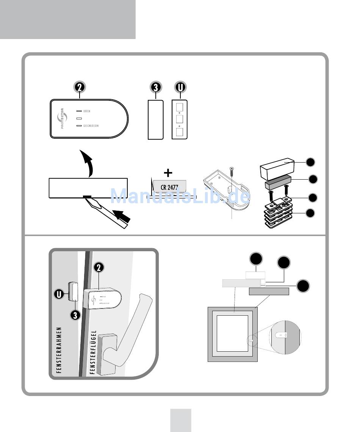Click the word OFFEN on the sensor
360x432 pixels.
[86, 111]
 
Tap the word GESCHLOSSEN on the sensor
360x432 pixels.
[91, 126]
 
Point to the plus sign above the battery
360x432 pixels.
[168, 173]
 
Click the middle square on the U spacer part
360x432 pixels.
[180, 119]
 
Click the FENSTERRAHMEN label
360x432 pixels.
[58, 350]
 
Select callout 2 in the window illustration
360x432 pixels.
[99, 268]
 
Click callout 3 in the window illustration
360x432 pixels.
[75, 315]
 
